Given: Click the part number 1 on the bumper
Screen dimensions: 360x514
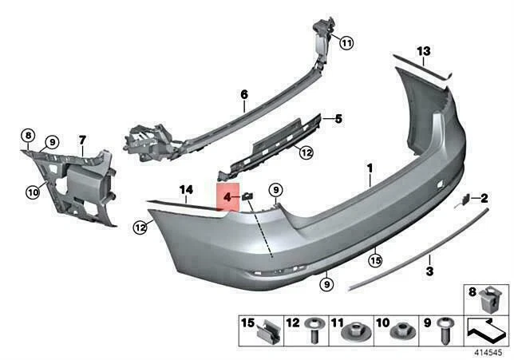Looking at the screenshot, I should tap(370, 168).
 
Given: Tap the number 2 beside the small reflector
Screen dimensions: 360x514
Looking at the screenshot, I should tap(484, 197).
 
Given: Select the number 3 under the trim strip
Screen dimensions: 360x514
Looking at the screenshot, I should tap(429, 272).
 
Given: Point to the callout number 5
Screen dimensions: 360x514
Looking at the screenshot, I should tap(338, 120).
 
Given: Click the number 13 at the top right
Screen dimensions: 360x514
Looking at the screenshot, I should tap(423, 51).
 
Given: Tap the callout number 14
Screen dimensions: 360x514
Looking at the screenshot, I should tap(187, 189).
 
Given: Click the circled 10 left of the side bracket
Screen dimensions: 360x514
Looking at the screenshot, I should tap(33, 190).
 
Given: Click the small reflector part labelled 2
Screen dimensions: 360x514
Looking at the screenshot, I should tap(462, 202).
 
